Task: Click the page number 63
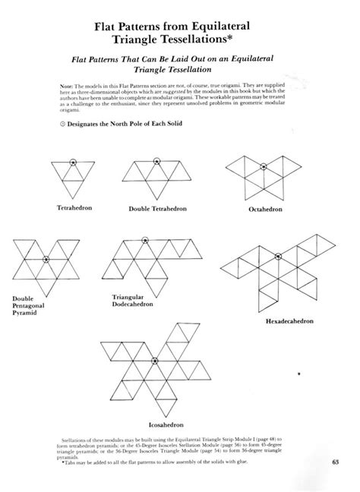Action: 336,462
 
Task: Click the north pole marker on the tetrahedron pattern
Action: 73,161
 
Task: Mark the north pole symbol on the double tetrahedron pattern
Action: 156,161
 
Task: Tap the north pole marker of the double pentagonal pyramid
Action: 46,260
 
